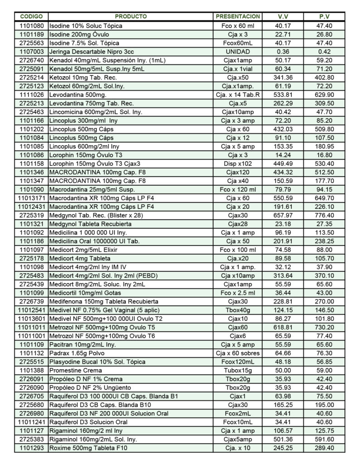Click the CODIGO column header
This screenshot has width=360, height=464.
click(x=32, y=17)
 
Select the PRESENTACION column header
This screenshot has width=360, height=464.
click(x=238, y=17)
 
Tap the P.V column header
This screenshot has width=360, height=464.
click(x=324, y=17)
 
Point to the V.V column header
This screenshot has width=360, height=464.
click(x=283, y=17)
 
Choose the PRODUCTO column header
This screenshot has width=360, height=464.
click(x=131, y=17)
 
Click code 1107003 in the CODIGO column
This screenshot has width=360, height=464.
click(x=32, y=52)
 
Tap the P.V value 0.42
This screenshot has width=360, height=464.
click(x=324, y=52)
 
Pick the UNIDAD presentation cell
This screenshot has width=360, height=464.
click(x=238, y=52)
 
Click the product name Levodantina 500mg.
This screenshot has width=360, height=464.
click(x=78, y=95)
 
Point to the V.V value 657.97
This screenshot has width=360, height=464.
click(x=283, y=215)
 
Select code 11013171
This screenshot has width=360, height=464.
click(x=32, y=198)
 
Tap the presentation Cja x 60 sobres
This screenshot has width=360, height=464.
click(x=238, y=353)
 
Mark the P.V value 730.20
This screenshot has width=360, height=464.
click(x=324, y=327)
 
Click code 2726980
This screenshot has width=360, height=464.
click(x=32, y=413)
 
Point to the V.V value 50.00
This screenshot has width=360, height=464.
click(x=283, y=370)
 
